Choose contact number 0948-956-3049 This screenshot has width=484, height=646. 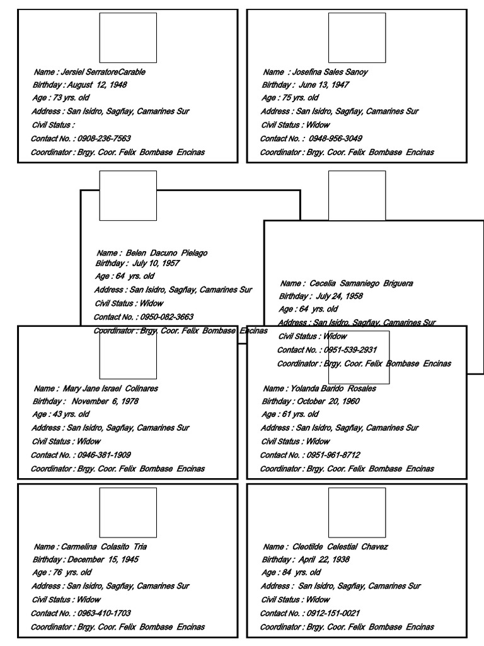tap(335, 139)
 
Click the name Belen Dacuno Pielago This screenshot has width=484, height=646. tap(166, 253)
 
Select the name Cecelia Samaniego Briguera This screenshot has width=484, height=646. tap(361, 284)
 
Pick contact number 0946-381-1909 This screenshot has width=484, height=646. tap(103, 455)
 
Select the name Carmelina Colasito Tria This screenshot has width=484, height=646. tap(104, 547)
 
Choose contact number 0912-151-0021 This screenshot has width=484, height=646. tap(333, 613)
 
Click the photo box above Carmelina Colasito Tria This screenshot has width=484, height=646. tap(128, 512)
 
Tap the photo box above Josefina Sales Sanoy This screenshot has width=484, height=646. tap(357, 38)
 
